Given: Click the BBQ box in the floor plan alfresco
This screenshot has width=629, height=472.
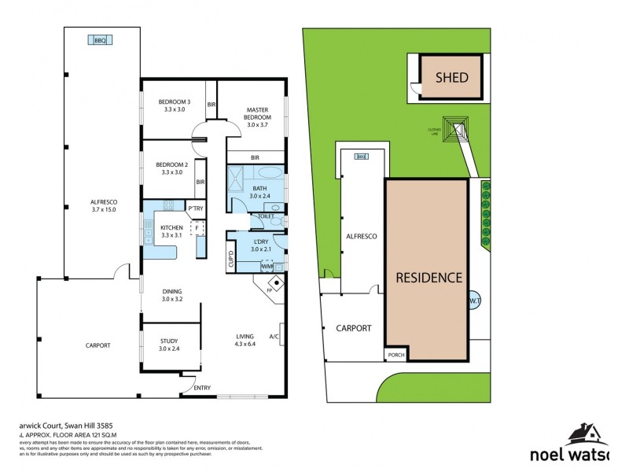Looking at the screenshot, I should (100, 40).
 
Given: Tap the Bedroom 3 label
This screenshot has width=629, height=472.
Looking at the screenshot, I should (174, 105).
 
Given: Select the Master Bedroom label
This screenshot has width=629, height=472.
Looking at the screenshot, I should (258, 117).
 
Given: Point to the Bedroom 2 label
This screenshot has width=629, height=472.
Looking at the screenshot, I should (173, 168).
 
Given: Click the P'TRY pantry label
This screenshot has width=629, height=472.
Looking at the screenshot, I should (195, 208).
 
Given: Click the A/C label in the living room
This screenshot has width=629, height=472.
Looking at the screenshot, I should (274, 337).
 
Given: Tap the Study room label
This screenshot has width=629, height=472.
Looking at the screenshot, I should (169, 344).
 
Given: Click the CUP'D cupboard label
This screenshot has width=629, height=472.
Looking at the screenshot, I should (230, 260).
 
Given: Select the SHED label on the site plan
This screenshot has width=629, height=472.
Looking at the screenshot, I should (452, 77).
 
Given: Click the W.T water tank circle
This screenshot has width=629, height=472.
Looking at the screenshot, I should (475, 300).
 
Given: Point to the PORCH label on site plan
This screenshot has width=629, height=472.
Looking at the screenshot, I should (395, 355).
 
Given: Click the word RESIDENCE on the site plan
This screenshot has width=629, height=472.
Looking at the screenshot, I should (429, 278).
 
